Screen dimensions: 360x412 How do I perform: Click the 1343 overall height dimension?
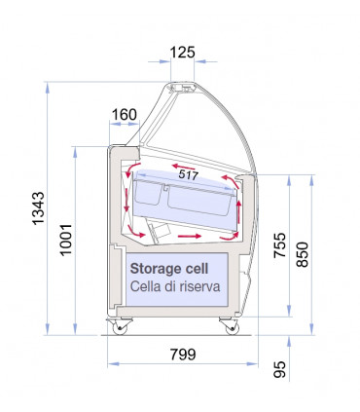point(38,208)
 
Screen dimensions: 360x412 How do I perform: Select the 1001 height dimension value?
point(66,240)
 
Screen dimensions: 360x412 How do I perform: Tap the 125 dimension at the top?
point(182,53)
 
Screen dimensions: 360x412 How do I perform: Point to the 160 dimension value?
point(125,115)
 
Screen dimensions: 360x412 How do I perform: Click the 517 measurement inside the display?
point(189,175)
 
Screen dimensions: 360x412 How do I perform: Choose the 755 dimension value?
point(279,245)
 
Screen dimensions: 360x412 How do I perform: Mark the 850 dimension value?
point(302,254)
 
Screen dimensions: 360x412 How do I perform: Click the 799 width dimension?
point(183,355)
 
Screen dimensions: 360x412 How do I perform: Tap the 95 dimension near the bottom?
point(279,369)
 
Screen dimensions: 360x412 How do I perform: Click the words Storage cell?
point(169,269)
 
